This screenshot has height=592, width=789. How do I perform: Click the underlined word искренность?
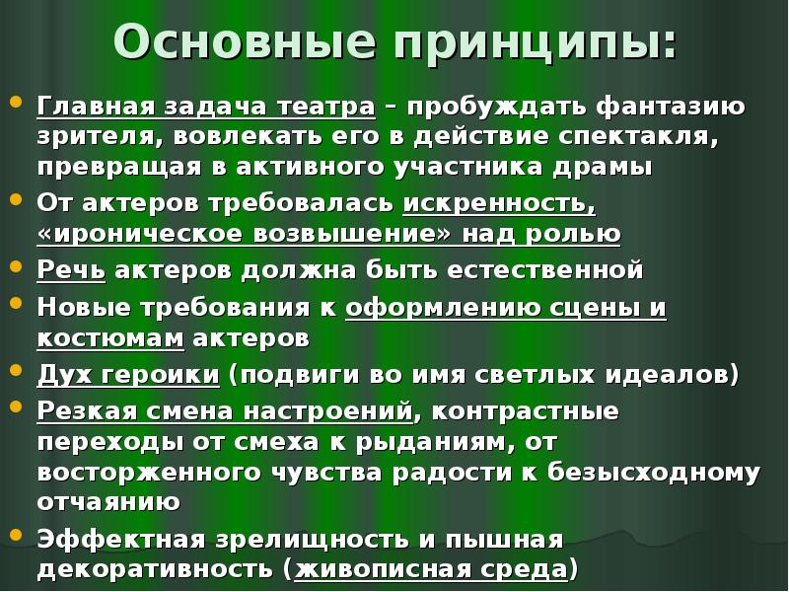tap(499, 203)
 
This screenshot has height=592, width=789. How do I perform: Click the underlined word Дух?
tap(62, 375)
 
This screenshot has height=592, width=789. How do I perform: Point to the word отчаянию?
tap(108, 501)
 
